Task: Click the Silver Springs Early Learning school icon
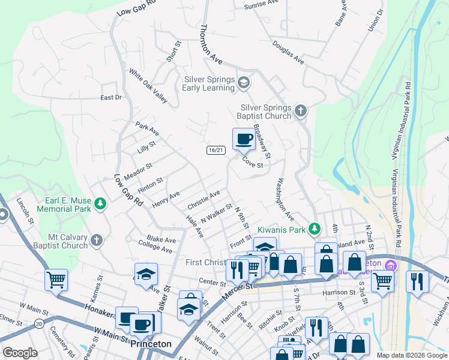click(244, 82)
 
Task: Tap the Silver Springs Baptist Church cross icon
click(301, 111)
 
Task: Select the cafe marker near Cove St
click(244, 140)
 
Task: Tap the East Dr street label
click(111, 97)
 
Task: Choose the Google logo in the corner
click(20, 353)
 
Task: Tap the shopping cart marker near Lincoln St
click(56, 279)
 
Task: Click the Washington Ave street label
click(285, 198)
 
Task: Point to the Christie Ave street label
click(203, 199)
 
